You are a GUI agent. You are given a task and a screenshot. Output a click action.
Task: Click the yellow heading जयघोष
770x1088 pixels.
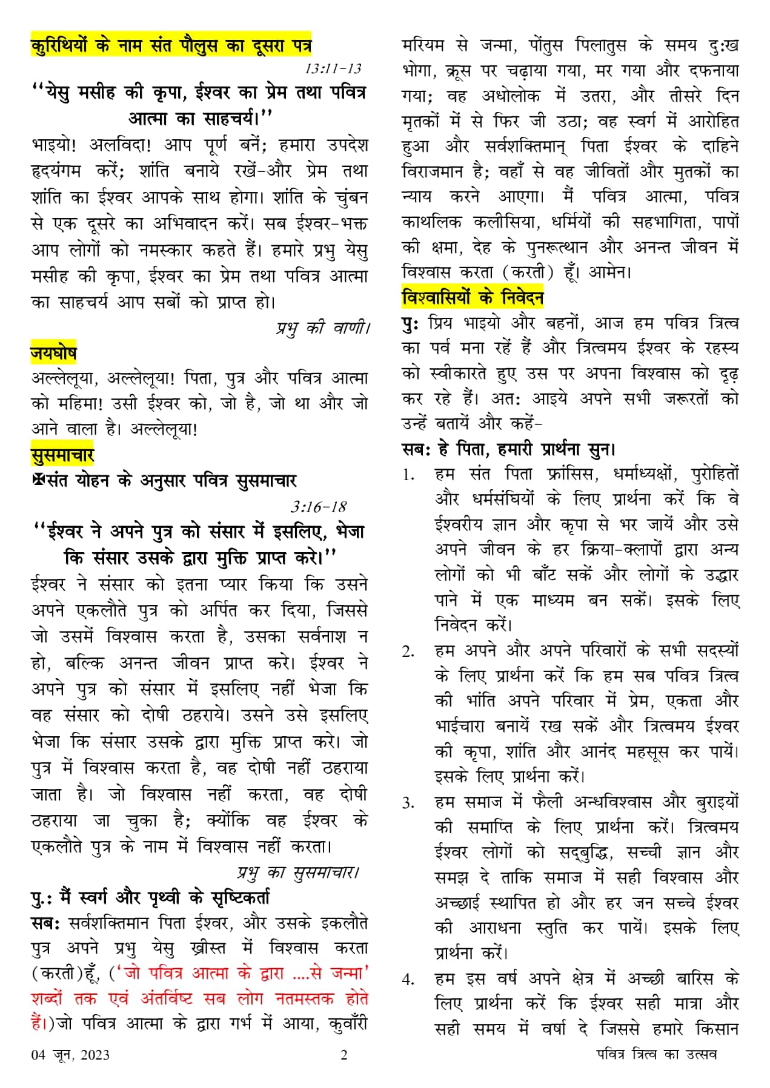click(x=54, y=352)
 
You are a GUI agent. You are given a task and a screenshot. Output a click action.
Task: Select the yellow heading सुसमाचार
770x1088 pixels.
click(x=62, y=455)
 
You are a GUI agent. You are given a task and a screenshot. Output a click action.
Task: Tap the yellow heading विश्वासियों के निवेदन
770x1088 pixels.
click(x=473, y=298)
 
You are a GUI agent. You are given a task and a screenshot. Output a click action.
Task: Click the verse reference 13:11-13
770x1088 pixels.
click(x=333, y=68)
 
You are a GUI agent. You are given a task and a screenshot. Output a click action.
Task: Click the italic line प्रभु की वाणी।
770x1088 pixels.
click(x=322, y=328)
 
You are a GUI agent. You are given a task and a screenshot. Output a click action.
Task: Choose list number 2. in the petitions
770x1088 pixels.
click(x=408, y=652)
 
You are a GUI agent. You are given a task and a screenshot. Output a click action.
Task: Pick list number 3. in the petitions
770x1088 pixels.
click(x=409, y=803)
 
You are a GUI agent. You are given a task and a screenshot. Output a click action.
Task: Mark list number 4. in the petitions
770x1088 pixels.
click(x=409, y=980)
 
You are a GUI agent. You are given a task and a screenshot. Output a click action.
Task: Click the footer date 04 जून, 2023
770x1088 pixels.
click(x=70, y=1055)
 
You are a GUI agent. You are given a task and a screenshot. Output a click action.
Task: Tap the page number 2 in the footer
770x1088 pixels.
click(x=344, y=1055)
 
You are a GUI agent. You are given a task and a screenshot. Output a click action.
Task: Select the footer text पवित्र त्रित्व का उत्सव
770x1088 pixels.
click(x=656, y=1054)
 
